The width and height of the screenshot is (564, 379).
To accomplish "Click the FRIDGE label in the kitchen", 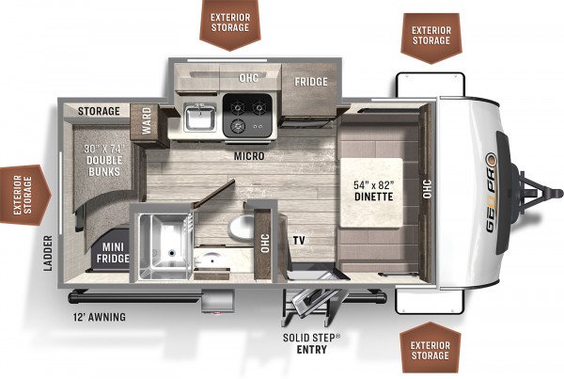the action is click(311, 82).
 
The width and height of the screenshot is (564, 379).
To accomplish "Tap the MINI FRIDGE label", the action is click(113, 253).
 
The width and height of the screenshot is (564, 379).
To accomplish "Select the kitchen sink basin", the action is click(199, 118).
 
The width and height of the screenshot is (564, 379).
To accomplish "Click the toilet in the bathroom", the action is click(242, 228).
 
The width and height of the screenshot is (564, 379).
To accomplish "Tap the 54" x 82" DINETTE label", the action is click(373, 191).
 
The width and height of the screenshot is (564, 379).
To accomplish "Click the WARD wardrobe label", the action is click(147, 121).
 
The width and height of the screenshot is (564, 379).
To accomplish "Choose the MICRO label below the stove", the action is click(249, 156).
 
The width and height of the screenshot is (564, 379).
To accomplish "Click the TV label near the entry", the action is click(299, 241).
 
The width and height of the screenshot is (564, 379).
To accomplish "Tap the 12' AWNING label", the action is click(100, 317).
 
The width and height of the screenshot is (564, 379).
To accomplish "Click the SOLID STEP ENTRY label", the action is click(311, 343).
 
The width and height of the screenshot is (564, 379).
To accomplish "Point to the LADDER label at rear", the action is click(48, 253).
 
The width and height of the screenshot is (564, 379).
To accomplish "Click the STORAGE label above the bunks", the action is click(99, 111).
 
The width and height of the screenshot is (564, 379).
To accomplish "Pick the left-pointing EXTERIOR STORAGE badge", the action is click(25, 195).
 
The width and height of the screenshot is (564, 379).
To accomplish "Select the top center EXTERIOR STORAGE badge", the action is click(230, 24).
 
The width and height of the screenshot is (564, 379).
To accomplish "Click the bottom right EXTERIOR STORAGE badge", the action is click(431, 348).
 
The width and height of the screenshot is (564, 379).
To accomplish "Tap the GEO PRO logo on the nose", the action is click(492, 193).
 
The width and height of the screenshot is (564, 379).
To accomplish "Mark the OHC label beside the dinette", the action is click(427, 189).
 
